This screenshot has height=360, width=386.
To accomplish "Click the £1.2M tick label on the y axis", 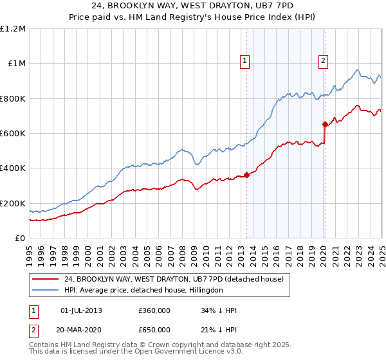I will [13, 29].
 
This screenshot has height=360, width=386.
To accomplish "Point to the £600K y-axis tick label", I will [13, 134].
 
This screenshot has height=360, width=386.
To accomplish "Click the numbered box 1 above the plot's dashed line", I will [245, 62].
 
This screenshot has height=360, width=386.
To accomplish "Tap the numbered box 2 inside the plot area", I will [323, 62].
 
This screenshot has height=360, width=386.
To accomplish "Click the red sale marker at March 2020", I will [326, 124].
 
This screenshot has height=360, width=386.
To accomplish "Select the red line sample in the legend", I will [45, 280].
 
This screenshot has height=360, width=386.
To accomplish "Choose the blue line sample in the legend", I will [45, 291].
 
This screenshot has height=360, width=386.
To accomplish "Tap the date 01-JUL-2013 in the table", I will [81, 311].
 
